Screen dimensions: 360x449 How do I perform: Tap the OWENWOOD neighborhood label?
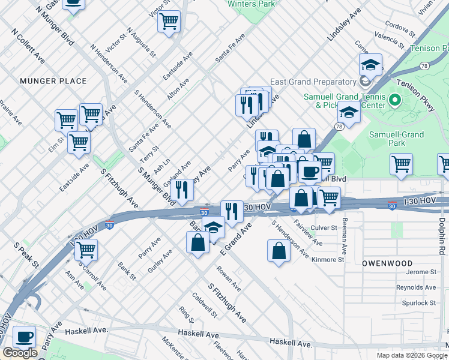387,263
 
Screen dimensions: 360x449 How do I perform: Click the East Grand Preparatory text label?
313,82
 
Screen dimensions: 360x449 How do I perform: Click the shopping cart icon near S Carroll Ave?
86,249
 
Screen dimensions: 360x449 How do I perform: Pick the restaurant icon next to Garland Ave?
181,190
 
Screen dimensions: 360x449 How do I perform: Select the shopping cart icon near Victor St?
169,22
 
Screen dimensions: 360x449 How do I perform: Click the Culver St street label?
340,228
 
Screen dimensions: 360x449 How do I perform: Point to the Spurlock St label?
418,303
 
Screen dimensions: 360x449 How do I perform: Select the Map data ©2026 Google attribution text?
411,355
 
